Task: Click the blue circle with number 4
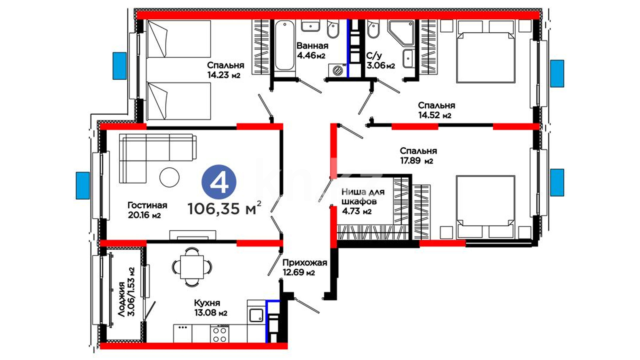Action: coord(219,182)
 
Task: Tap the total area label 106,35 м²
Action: coord(224,208)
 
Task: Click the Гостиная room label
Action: coord(147,205)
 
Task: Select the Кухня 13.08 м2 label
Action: coord(211,308)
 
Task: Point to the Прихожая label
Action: coord(305,263)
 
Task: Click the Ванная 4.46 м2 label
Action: coord(312,50)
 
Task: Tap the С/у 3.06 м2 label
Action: coord(381,60)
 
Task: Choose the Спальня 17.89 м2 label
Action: coord(418,156)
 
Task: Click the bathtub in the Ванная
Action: coord(285,45)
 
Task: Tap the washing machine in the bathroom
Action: coord(337,70)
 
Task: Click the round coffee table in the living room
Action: coord(169,177)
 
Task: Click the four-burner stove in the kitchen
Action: coord(220,334)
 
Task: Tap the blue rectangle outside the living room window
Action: coord(83,186)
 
